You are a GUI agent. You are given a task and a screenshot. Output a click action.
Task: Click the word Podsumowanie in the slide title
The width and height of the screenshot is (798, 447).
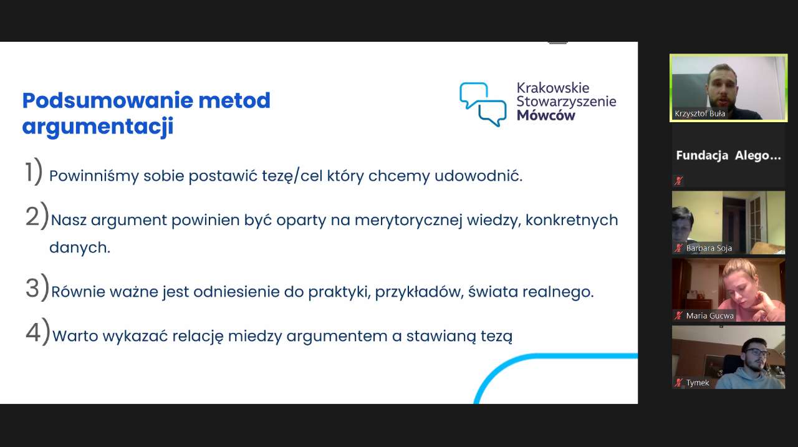pyautogui.click(x=108, y=100)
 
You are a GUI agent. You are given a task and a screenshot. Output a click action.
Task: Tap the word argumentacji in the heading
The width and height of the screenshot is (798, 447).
pyautogui.click(x=98, y=127)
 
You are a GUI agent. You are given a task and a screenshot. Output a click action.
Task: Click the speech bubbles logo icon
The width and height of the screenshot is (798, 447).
pyautogui.click(x=483, y=104)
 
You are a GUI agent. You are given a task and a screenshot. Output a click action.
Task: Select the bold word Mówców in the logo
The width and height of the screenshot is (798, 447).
pyautogui.click(x=546, y=115)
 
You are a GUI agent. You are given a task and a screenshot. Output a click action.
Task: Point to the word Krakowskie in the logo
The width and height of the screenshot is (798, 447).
pyautogui.click(x=553, y=88)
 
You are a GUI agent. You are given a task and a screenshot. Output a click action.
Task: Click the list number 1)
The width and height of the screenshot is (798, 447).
pyautogui.click(x=34, y=172)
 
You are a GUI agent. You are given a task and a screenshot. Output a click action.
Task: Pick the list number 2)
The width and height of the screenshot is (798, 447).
pyautogui.click(x=37, y=216)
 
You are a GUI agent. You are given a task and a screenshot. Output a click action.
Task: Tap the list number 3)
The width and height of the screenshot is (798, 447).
pyautogui.click(x=37, y=288)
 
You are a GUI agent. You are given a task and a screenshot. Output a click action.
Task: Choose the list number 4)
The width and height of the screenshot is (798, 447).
pyautogui.click(x=38, y=332)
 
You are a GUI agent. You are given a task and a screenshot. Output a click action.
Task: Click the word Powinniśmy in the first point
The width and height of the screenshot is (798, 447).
pyautogui.click(x=94, y=176)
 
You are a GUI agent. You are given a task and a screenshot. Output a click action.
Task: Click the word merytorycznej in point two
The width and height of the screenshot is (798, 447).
pyautogui.click(x=408, y=221)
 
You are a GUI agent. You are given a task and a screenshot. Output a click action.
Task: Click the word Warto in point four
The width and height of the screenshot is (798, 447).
pyautogui.click(x=75, y=336)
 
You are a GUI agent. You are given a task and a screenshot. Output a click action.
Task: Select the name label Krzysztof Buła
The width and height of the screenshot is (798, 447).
pyautogui.click(x=699, y=113)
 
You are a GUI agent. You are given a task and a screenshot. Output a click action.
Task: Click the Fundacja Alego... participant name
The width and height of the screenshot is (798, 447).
pyautogui.click(x=728, y=155)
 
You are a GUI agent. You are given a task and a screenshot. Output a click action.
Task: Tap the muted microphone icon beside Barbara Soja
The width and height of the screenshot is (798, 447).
pyautogui.click(x=678, y=248)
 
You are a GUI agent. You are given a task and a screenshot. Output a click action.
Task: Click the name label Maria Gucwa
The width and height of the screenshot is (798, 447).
pyautogui.click(x=709, y=315)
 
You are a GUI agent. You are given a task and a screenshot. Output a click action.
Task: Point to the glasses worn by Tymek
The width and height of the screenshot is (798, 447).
pyautogui.click(x=757, y=352)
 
